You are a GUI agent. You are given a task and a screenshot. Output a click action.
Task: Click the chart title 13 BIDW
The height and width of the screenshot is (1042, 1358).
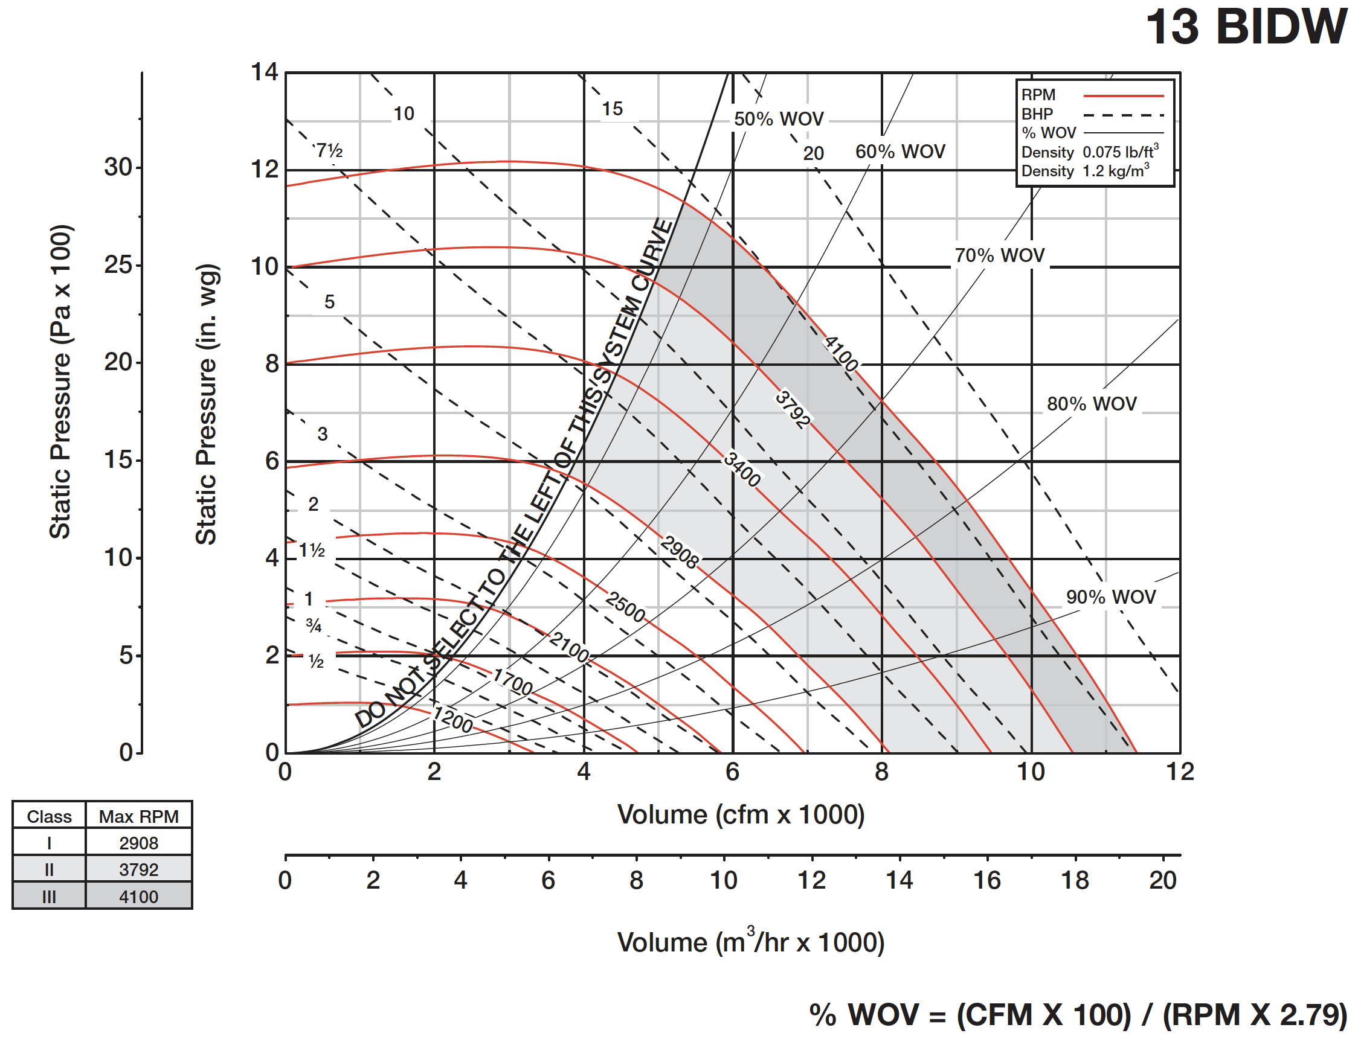1245,27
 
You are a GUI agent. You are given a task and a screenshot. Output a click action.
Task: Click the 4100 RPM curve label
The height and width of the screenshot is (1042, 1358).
840,353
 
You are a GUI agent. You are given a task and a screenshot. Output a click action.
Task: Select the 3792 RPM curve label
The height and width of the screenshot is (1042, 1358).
793,409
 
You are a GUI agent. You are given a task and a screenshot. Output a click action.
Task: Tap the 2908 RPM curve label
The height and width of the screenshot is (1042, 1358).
679,551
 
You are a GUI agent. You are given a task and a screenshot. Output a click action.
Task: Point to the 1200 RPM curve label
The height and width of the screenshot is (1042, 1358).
453,719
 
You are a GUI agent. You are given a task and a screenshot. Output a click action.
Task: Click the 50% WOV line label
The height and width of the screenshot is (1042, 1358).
778,118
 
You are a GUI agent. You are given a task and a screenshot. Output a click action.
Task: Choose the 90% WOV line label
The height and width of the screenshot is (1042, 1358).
1110,596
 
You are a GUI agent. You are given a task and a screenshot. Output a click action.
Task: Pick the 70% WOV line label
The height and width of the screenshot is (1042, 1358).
999,255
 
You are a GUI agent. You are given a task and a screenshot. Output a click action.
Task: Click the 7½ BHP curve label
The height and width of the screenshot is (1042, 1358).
329,150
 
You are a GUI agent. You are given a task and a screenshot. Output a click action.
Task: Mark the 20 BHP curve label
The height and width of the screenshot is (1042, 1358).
813,153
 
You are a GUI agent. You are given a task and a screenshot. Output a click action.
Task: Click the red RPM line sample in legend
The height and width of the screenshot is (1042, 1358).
1123,96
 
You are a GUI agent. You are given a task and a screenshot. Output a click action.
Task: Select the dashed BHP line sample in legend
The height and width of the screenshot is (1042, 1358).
1123,115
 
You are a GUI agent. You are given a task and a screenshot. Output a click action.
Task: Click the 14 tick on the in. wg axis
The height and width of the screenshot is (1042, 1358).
265,72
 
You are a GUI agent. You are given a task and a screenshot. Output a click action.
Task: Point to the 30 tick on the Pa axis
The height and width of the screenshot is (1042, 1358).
118,167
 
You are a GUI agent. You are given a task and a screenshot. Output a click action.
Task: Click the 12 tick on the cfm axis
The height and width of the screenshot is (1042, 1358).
1179,772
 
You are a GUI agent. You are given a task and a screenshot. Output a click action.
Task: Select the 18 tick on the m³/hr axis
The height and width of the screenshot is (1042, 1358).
1074,880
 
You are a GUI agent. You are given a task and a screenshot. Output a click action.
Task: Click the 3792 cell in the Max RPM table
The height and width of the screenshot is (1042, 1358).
138,869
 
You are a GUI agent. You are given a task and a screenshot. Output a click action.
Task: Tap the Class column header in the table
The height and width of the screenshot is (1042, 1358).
49,816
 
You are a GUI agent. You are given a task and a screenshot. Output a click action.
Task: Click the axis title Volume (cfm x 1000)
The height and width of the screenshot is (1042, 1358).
741,814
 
